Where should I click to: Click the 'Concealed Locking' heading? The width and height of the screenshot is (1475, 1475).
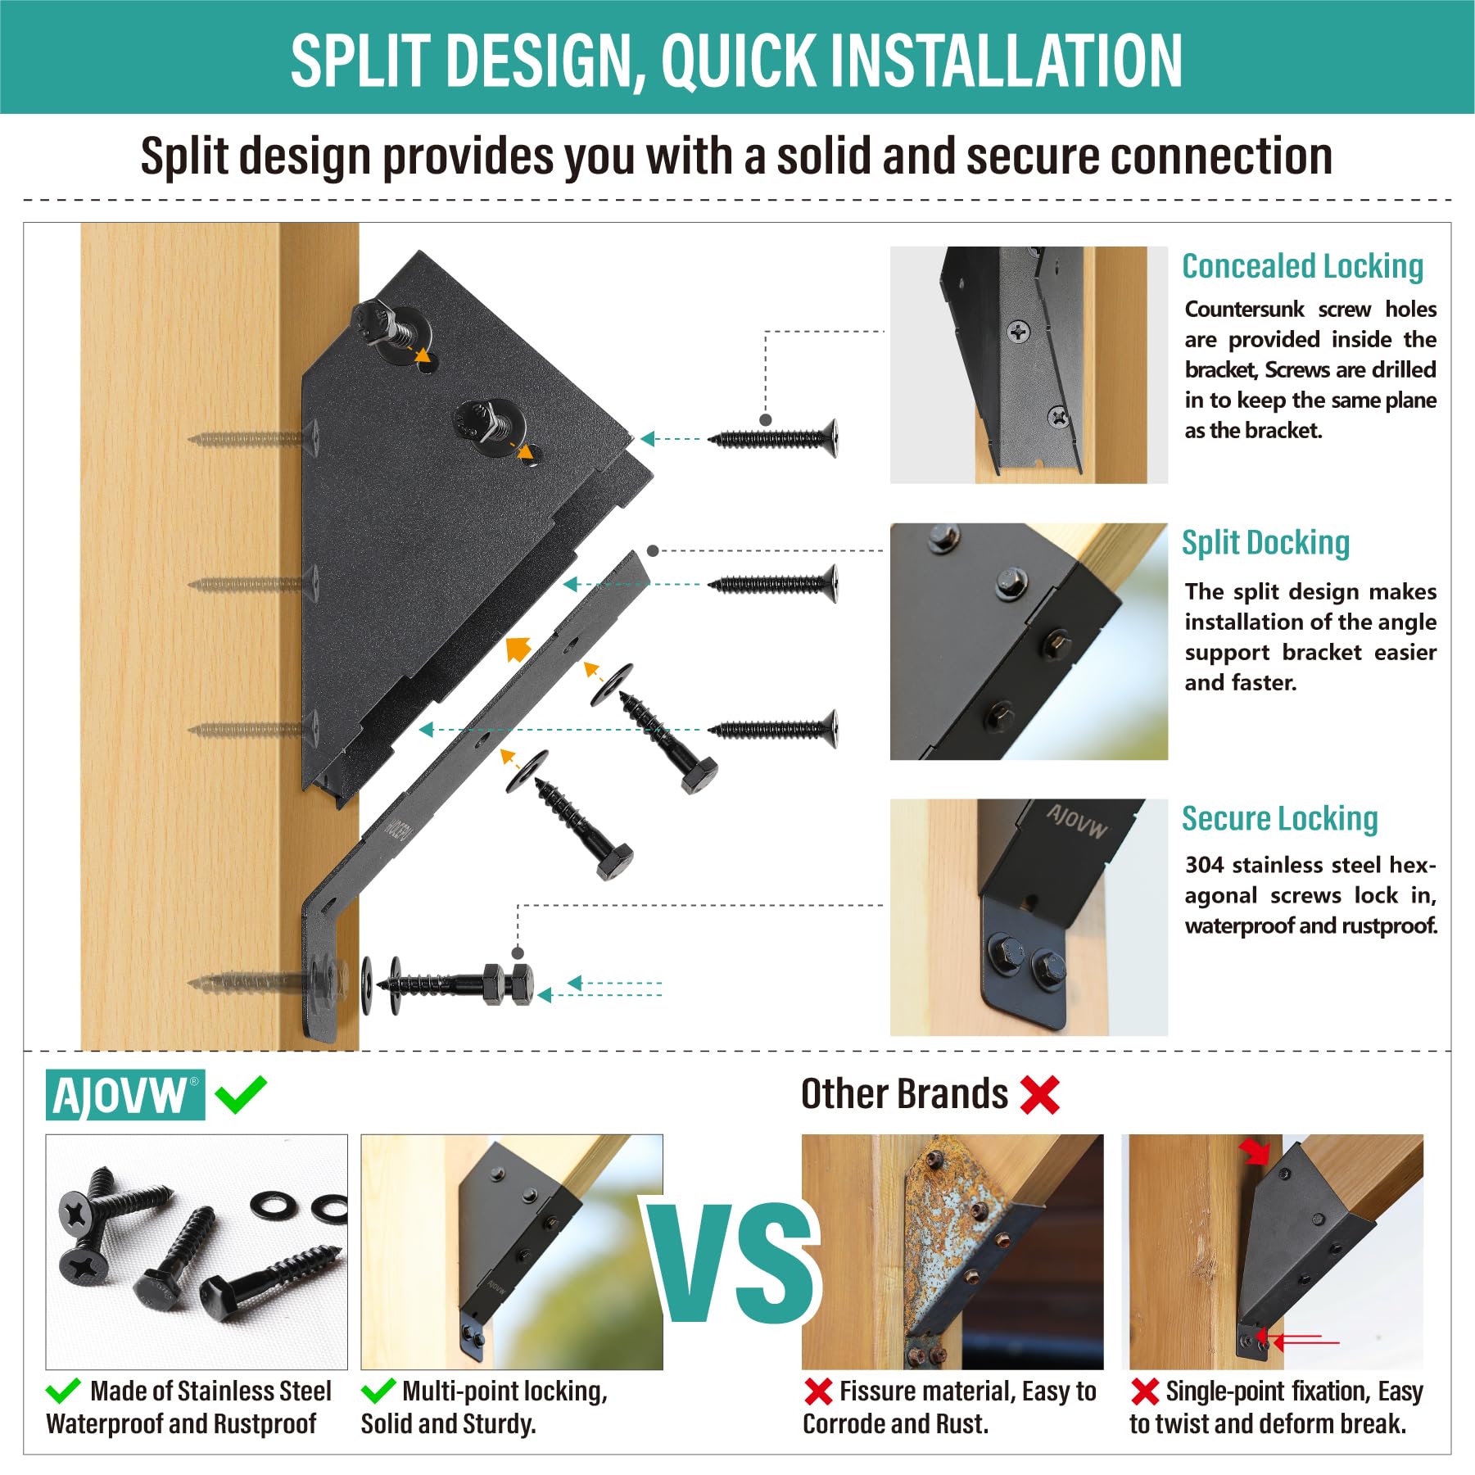(1302, 266)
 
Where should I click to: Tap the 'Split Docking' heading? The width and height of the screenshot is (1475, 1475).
(1265, 543)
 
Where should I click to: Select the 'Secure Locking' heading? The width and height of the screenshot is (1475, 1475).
(1279, 818)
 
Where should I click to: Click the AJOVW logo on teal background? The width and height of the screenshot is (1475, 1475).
(125, 1094)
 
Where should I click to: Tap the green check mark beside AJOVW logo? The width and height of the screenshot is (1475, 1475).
(241, 1094)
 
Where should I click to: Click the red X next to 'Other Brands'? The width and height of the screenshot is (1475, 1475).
(1040, 1094)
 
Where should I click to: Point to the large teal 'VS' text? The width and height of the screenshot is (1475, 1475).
(734, 1262)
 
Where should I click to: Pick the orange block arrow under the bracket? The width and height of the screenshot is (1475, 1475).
(518, 649)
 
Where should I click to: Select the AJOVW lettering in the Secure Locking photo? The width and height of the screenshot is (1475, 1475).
(1076, 821)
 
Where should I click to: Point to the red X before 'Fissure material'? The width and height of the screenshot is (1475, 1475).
(818, 1391)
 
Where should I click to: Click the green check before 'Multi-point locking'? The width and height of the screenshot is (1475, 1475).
(378, 1391)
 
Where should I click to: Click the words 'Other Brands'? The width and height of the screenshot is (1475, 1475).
(904, 1094)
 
